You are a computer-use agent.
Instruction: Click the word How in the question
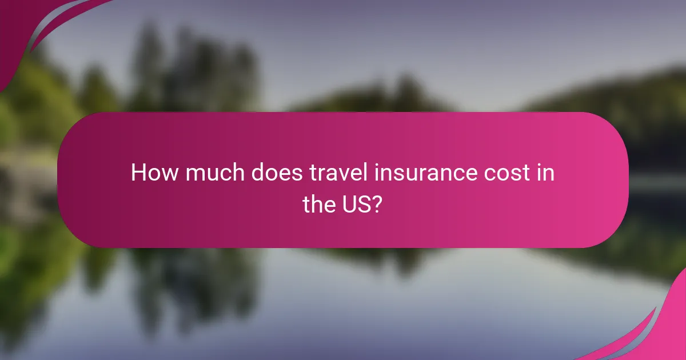[151, 173]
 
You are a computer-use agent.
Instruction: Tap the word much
[204, 173]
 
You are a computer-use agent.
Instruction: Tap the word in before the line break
[546, 173]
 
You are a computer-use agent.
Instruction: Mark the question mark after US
[376, 205]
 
